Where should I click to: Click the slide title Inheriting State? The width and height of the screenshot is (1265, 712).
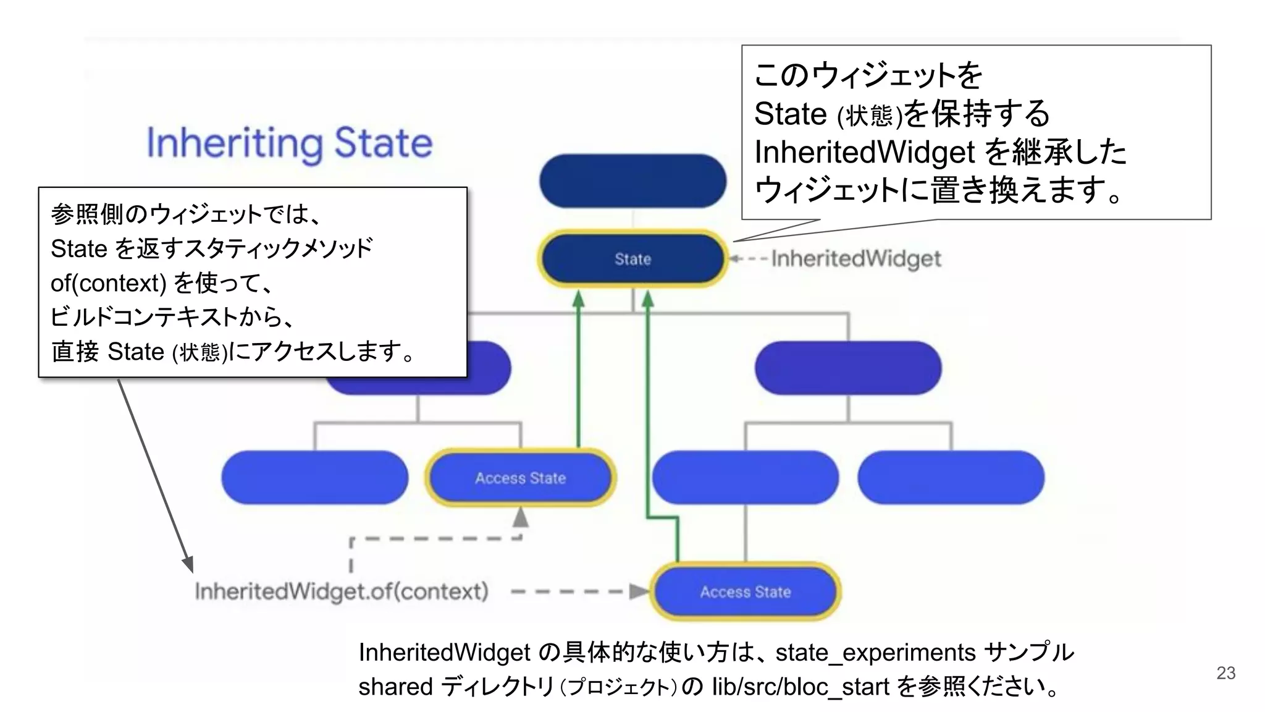click(x=289, y=143)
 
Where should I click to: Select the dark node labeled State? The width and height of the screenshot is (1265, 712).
click(x=632, y=259)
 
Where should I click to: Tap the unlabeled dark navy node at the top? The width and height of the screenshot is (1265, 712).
click(x=632, y=180)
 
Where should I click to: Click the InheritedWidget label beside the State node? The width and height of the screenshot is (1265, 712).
click(x=856, y=258)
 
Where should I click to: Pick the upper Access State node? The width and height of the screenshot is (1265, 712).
click(x=520, y=478)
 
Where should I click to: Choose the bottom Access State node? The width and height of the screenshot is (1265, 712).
click(x=745, y=591)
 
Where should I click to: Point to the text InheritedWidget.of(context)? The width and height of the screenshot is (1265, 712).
click(x=342, y=591)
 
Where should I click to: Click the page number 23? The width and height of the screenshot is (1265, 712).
click(x=1225, y=673)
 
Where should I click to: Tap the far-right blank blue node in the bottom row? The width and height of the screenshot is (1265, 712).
click(x=951, y=477)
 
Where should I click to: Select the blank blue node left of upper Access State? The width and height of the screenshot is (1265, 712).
click(x=314, y=477)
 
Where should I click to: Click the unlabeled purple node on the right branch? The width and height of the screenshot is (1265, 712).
click(x=848, y=368)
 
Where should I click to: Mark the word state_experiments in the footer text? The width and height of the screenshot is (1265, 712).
click(x=875, y=653)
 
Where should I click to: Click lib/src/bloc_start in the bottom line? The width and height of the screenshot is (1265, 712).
click(x=801, y=687)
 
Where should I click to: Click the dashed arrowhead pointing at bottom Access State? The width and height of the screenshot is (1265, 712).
click(x=639, y=591)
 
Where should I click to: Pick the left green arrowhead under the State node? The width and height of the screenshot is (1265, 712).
click(x=579, y=299)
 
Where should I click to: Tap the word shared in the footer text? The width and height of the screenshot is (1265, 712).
click(x=395, y=687)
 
